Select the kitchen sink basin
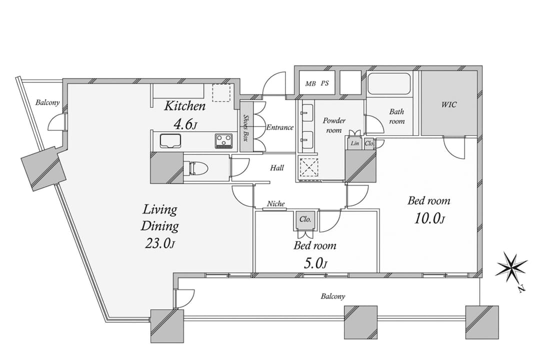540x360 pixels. [x=170, y=141]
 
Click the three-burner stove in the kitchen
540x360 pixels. [x=224, y=141]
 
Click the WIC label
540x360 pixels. [x=449, y=103]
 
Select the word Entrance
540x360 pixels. [x=280, y=127]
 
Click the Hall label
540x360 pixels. [x=277, y=168]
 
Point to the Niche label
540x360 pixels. [x=276, y=204]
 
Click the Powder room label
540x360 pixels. [x=334, y=125]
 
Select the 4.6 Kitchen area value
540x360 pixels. [x=185, y=124]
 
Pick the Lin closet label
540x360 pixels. [x=354, y=143]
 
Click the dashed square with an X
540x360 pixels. [x=308, y=167]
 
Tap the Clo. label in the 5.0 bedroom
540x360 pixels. [x=305, y=219]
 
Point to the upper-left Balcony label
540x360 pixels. [x=47, y=102]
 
